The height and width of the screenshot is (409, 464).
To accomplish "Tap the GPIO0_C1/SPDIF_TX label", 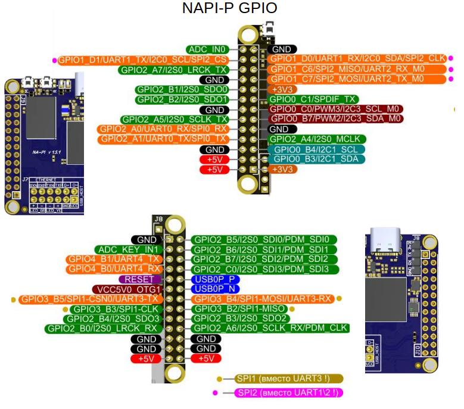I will coord(313,99).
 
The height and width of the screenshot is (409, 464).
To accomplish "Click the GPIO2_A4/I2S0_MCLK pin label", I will coord(317,139).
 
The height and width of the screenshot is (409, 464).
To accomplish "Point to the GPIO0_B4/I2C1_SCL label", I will coord(316,149).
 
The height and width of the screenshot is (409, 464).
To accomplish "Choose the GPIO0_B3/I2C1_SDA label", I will coord(316,159).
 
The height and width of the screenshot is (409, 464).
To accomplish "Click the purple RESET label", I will coord(139,279).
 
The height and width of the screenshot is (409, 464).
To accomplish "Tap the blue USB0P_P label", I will coord(209,279).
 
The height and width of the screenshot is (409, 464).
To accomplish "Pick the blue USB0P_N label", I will coord(209,289).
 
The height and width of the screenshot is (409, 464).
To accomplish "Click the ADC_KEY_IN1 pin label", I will coord(128,249).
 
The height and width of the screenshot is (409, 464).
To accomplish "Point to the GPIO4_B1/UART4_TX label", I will coord(114,259).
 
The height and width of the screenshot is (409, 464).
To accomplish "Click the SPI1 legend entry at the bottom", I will coord(284,379).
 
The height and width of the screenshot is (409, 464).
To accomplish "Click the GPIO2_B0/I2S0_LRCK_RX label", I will coord(103,328).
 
